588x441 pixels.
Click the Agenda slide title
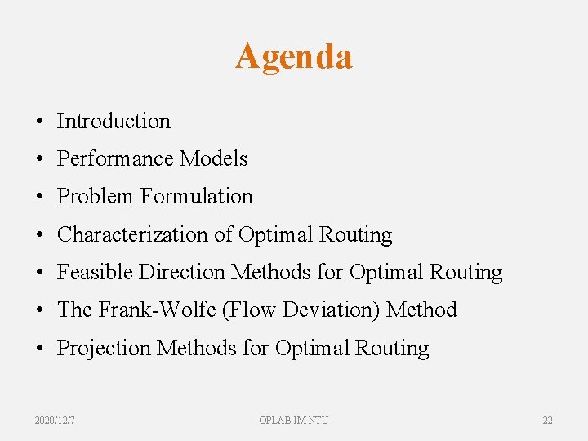click(294, 56)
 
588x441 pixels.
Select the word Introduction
click(114, 121)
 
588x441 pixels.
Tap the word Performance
click(115, 158)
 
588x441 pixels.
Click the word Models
click(213, 158)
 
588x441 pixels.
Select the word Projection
click(104, 348)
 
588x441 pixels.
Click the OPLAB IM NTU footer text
click(294, 420)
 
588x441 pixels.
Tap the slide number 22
click(547, 420)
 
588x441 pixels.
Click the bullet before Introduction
click(39, 122)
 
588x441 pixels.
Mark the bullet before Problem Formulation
click(39, 197)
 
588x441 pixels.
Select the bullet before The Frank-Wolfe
click(39, 310)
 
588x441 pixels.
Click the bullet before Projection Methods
click(39, 349)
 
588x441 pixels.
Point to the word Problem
click(95, 196)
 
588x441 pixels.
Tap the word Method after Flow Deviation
click(421, 310)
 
